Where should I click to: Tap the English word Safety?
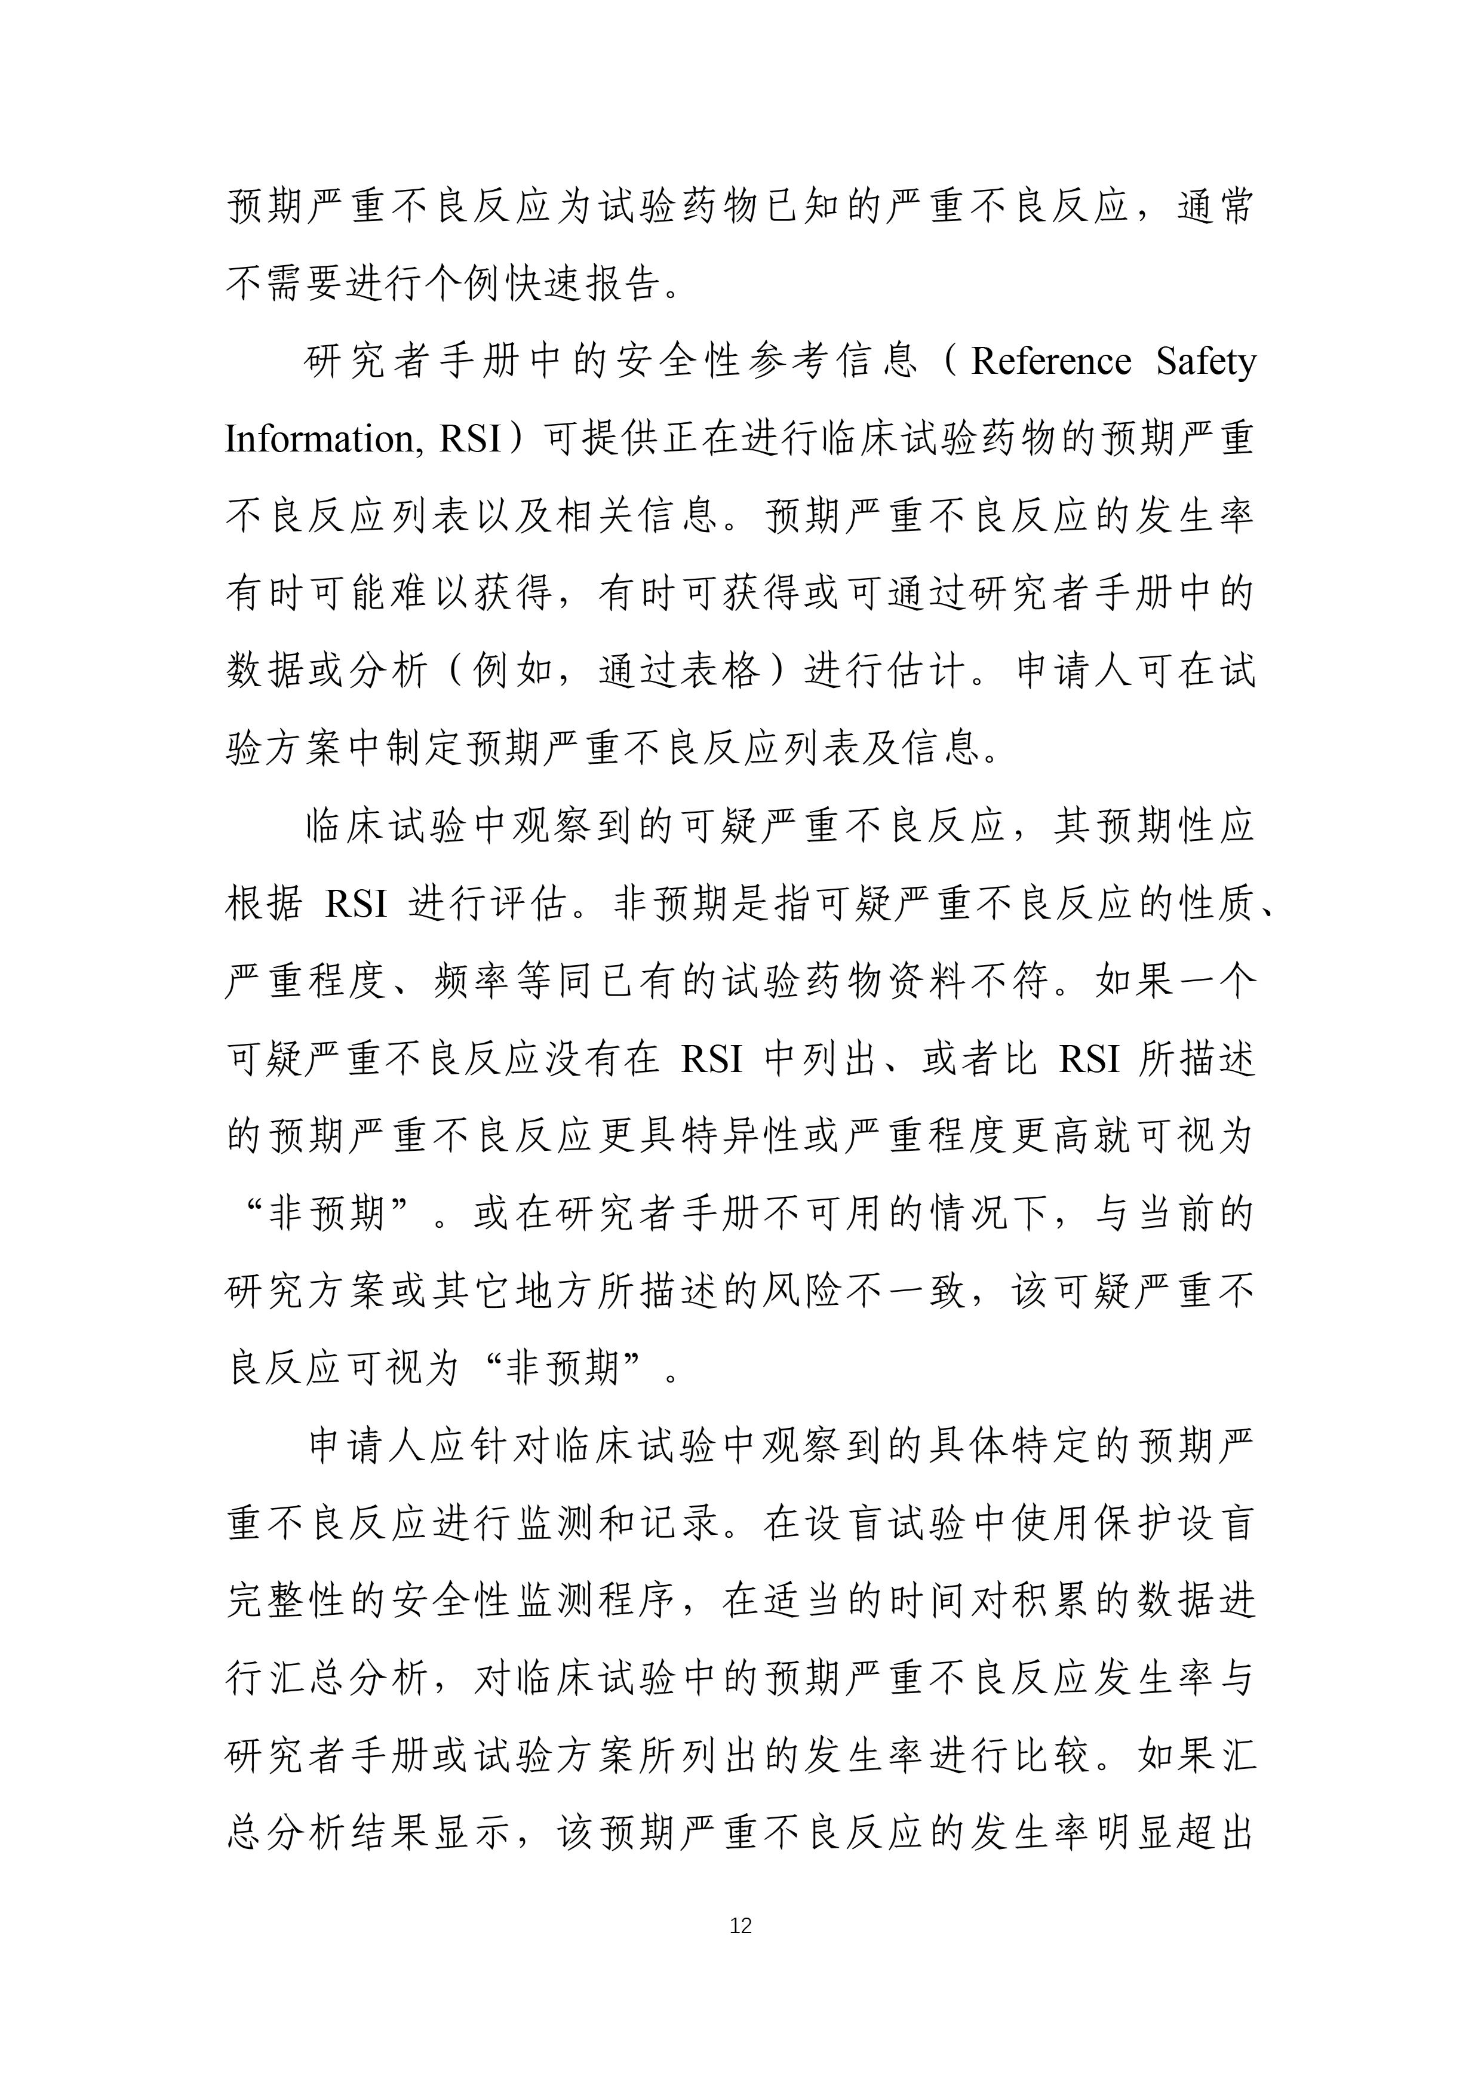pos(1206,361)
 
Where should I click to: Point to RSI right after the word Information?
pos(470,439)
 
